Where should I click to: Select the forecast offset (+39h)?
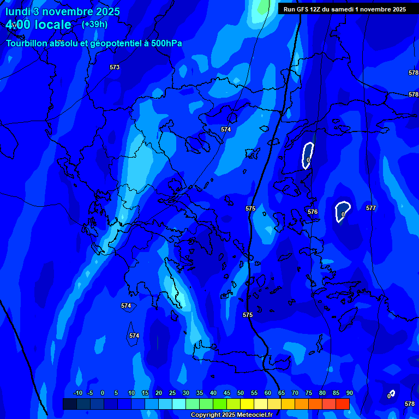coord(94,25)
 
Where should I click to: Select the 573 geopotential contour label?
coord(115,67)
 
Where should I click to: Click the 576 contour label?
coord(313,212)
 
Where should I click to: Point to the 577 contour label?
coord(371,208)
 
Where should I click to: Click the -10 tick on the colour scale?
coord(77,393)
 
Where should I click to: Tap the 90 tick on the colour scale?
coord(349,393)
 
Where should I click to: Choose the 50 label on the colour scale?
coord(240,393)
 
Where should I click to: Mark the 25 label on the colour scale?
coord(172,393)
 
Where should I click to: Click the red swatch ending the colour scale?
coord(342,404)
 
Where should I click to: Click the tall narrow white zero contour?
coord(308,155)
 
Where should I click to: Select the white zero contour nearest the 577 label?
coord(342,211)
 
